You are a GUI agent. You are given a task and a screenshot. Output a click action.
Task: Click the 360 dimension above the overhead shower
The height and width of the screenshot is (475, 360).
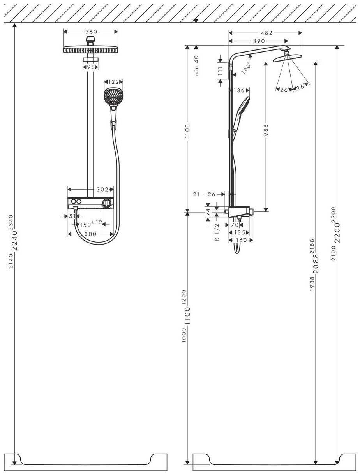(91, 32)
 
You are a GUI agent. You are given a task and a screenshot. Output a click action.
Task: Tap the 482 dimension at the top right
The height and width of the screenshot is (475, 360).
(267, 33)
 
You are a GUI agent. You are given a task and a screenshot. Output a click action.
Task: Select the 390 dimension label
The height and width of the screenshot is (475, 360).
(258, 40)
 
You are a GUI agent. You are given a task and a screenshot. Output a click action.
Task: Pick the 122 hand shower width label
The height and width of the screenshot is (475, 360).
(113, 82)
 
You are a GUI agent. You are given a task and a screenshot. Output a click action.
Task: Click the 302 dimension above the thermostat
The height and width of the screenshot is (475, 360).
(102, 190)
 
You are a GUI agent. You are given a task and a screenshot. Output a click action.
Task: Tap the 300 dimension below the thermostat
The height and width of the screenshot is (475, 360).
(91, 234)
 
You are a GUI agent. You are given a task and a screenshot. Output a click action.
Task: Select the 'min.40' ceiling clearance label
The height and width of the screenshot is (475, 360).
(197, 65)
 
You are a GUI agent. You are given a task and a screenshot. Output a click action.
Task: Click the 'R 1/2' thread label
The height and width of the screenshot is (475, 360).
(217, 234)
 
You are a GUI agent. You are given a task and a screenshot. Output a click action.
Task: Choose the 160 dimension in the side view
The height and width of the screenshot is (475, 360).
(242, 240)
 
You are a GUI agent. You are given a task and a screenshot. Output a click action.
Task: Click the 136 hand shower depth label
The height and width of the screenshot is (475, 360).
(239, 90)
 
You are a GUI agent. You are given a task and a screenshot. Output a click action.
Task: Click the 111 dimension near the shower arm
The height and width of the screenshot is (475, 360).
(220, 70)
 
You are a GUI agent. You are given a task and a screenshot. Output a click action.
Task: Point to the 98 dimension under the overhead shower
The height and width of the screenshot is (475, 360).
(91, 67)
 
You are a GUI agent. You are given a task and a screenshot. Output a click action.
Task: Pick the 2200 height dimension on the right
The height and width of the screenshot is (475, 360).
(337, 233)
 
